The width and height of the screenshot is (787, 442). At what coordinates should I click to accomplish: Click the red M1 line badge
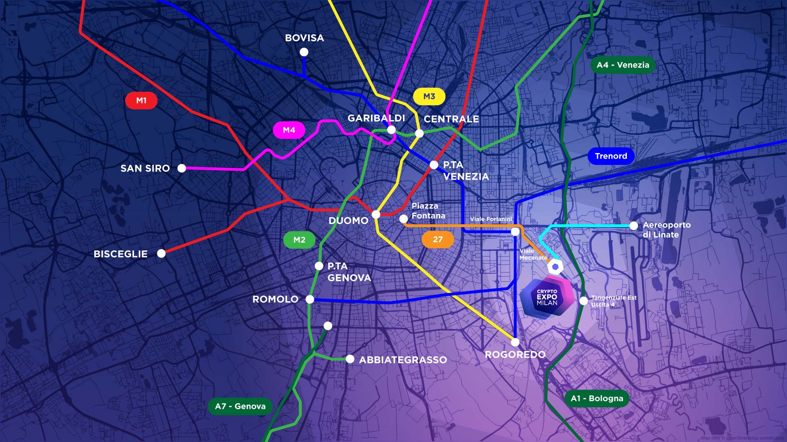click(x=141, y=101)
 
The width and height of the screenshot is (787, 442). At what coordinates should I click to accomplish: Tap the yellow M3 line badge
click(x=429, y=97)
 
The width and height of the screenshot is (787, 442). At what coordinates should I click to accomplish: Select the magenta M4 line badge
click(x=289, y=130)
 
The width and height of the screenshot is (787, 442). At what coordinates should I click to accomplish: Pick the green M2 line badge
click(x=299, y=240)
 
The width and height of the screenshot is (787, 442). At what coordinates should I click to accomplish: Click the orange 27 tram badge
click(x=437, y=239)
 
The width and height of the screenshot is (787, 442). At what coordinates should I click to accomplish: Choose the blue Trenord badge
click(x=611, y=156)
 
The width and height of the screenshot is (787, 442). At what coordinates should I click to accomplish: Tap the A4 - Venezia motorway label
click(x=623, y=65)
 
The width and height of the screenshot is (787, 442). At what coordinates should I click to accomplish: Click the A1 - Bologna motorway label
click(x=597, y=398)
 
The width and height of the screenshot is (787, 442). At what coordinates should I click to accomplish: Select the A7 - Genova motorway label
click(x=240, y=406)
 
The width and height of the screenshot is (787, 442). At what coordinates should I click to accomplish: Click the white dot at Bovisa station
click(x=304, y=52)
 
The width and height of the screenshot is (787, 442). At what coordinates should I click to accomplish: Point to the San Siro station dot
click(x=182, y=168)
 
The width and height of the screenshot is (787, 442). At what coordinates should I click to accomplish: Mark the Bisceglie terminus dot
click(x=161, y=253)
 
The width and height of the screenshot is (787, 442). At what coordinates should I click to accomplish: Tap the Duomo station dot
click(x=376, y=214)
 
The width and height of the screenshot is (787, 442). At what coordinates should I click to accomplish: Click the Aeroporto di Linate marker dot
click(x=633, y=226)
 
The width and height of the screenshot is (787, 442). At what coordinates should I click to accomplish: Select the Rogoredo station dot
click(x=515, y=342)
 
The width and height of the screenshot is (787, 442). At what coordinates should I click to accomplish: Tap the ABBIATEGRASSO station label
click(x=403, y=360)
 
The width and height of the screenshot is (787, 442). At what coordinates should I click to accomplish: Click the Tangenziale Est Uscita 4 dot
click(x=584, y=301)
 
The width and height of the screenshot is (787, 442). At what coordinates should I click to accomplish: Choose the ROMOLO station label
click(x=275, y=299)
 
